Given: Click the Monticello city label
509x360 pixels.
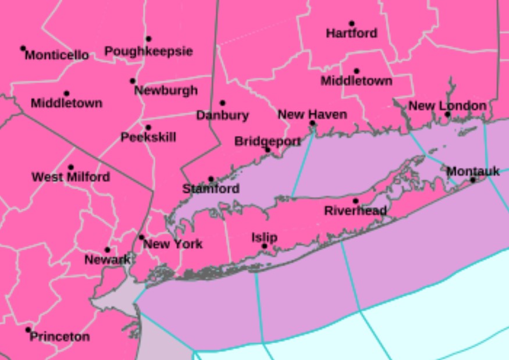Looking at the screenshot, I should tap(57, 56).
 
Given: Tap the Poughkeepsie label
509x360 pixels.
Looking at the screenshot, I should tap(148, 52).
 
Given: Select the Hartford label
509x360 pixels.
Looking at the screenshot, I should tap(351, 34).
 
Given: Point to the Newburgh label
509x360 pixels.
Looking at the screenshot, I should tap(166, 91).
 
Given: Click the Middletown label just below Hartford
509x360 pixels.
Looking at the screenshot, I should tap(357, 81).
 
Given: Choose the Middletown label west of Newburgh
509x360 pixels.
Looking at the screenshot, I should tap(66, 104).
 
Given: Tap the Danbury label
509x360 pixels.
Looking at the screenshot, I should tap(222, 115).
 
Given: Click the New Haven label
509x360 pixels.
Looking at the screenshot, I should tap(312, 114).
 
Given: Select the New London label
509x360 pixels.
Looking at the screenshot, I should tap(447, 106).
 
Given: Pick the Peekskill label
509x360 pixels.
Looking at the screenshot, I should tap(148, 138).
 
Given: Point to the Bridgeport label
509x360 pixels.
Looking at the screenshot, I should tap(268, 141).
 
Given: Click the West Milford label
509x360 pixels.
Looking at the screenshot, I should tap(70, 177).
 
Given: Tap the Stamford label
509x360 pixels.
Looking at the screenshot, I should tap(211, 189).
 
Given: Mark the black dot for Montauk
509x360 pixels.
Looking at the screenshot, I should tap(473, 180).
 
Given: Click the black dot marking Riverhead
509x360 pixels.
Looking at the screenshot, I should tap(355, 201).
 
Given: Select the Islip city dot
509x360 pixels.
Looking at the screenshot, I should tap(264, 247).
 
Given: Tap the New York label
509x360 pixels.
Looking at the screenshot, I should tap(173, 244).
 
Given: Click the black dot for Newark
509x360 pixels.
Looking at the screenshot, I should tap(107, 250).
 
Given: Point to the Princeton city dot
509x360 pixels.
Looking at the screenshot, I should tap(28, 330).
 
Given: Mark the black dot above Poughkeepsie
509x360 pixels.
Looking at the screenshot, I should tap(148, 39).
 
